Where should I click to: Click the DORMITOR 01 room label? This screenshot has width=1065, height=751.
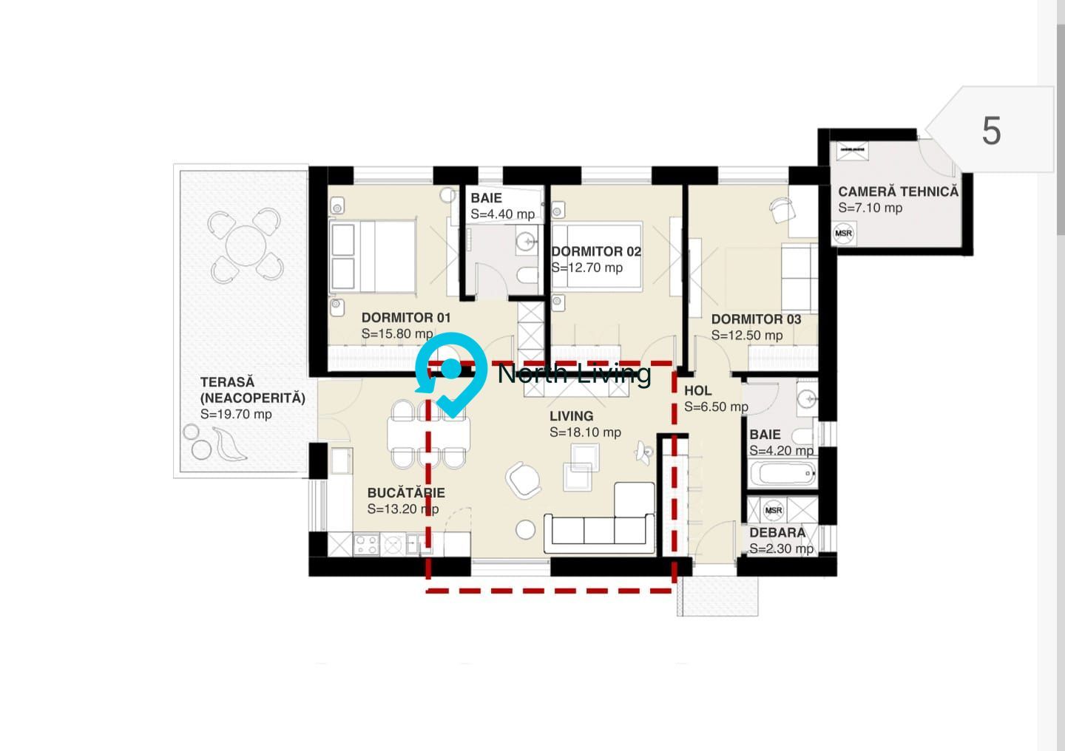pos(406,318)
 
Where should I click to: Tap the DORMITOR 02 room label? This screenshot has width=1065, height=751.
pos(596,251)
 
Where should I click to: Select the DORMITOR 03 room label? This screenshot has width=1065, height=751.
pos(756,319)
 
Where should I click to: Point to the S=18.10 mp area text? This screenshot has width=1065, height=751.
pos(585,432)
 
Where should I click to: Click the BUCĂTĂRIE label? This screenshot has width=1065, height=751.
pos(406,493)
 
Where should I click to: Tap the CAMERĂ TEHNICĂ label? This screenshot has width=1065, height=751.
pos(898,191)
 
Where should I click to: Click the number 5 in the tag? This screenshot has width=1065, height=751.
pos(991,131)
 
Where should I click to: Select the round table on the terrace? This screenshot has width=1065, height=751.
pos(246,245)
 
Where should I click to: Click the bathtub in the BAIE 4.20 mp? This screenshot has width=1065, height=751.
pos(782,473)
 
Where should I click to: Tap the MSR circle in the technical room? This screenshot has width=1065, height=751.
pos(843,234)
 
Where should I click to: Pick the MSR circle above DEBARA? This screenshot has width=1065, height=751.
pos(774,510)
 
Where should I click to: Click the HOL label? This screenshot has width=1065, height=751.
pos(697,391)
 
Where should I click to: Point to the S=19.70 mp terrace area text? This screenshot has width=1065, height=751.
pos(236,415)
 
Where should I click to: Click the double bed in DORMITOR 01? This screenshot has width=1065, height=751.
pos(373,256)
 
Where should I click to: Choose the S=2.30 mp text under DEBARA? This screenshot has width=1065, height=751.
pos(781,549)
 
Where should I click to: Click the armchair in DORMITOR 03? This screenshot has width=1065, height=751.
pos(782,210)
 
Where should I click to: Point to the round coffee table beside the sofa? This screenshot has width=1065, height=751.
pos(525,529)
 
